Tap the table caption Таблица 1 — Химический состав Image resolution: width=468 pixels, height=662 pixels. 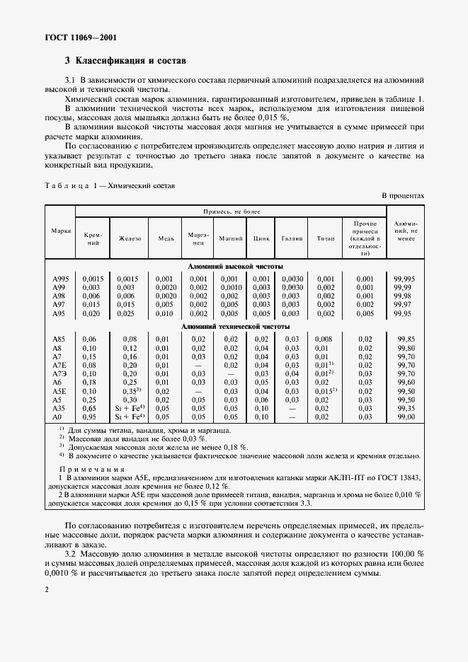110,185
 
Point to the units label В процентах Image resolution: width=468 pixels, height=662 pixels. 403,194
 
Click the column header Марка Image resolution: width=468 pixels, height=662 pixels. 60,232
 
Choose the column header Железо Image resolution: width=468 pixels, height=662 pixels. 130,238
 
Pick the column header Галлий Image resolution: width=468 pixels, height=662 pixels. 291,238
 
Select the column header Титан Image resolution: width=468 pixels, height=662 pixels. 325,238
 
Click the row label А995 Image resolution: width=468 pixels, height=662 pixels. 61,279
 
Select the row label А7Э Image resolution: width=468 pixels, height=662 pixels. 60,373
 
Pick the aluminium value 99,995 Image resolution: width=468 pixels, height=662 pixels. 406,279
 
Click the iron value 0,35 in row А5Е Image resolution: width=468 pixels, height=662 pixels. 130,390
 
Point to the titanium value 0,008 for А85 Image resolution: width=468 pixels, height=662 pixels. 323,339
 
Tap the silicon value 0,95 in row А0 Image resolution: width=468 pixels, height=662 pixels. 89,417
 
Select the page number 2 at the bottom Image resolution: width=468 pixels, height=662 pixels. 46,588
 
